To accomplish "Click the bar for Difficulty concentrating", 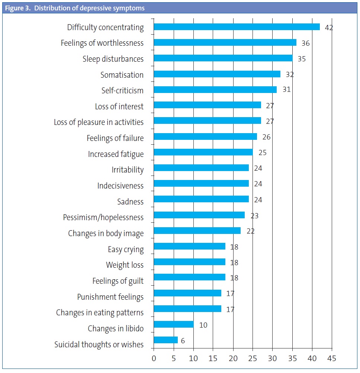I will [237, 27].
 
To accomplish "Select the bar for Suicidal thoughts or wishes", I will [165, 340].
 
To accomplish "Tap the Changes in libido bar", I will [173, 324].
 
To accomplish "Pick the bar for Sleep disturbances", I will [223, 58].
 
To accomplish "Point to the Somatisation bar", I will [217, 74].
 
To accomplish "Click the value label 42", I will [328, 28].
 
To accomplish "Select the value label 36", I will [305, 43].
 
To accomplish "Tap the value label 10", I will [203, 325].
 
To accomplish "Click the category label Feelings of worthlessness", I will [102, 43].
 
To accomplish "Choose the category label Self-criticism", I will [122, 90].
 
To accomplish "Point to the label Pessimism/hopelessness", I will [103, 218].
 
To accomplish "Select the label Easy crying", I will [125, 249].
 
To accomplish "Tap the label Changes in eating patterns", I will [100, 313].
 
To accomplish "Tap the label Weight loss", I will [125, 265].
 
